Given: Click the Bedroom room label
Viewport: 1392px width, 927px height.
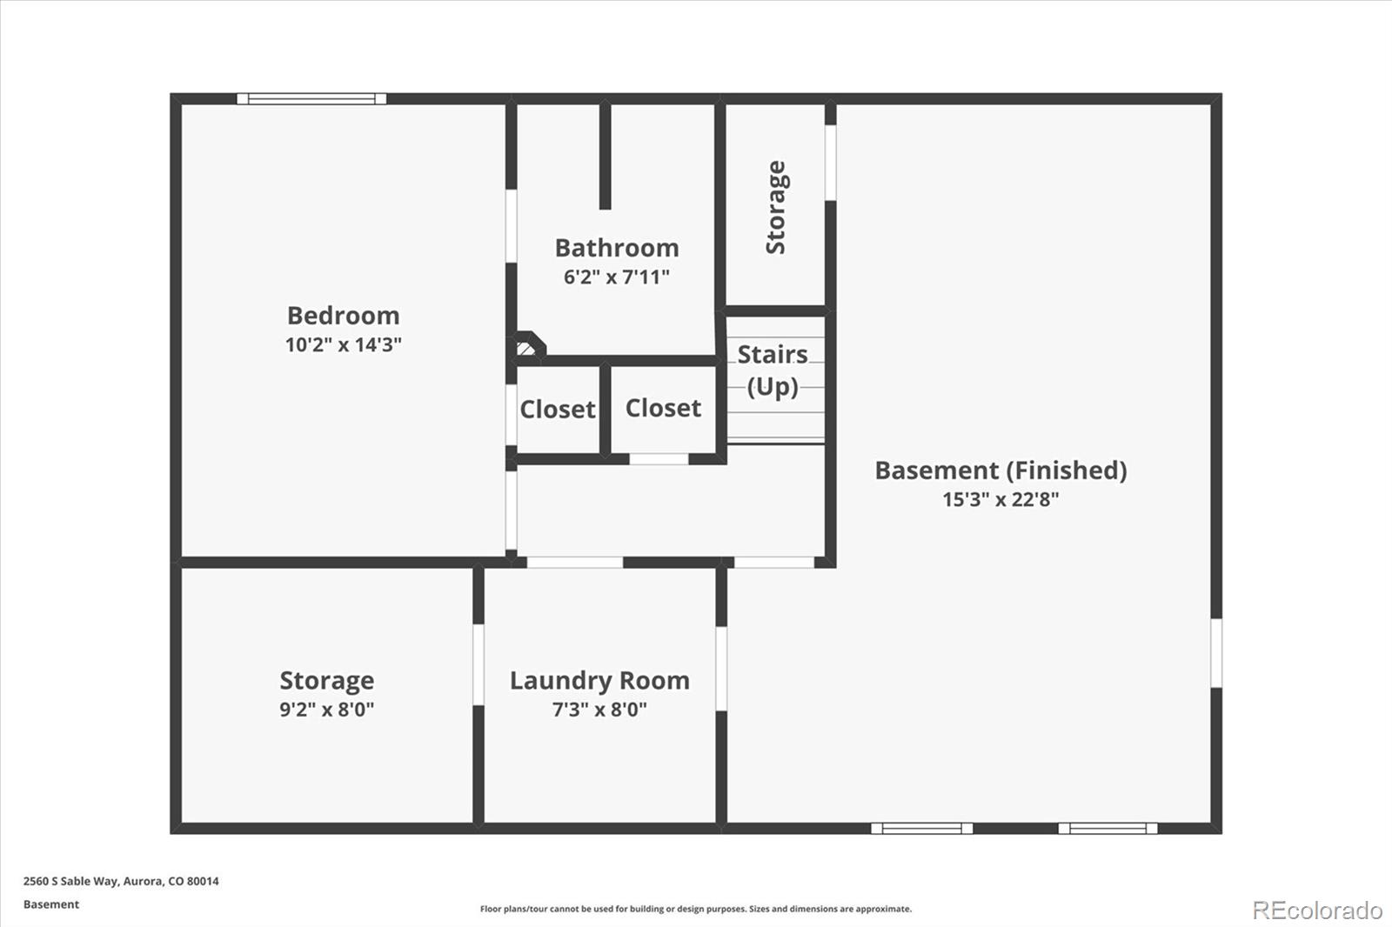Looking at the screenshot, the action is click(x=343, y=316).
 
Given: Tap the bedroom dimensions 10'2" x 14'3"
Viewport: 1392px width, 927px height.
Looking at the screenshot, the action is click(x=343, y=344).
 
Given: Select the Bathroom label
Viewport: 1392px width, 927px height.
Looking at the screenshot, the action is click(x=617, y=248).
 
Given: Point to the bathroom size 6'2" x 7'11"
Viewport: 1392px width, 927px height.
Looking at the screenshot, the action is click(x=617, y=277).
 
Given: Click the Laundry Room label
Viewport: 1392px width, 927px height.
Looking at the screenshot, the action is click(x=599, y=681).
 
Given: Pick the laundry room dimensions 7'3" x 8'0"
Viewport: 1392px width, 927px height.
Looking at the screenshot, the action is click(x=599, y=709).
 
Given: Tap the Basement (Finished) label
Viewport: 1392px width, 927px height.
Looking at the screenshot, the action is click(x=1000, y=470).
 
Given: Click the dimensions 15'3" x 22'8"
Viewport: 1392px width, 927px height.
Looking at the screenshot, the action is click(x=1000, y=499).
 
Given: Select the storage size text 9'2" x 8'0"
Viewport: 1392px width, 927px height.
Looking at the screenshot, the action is click(x=327, y=709).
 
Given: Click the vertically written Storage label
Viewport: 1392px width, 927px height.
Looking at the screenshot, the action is click(x=775, y=208).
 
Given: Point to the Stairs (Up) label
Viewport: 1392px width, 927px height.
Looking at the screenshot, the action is click(x=773, y=370).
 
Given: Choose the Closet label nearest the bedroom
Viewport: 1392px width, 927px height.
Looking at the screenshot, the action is click(x=558, y=410).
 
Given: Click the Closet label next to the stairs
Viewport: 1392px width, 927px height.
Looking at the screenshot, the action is click(x=663, y=408).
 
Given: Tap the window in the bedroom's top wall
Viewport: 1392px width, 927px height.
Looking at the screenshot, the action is click(x=311, y=99).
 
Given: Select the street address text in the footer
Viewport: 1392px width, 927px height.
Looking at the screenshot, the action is click(x=121, y=881).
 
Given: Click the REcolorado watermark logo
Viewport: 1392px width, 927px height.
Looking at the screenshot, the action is click(x=1317, y=910).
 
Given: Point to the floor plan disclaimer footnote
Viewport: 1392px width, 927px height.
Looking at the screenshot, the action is click(x=695, y=909).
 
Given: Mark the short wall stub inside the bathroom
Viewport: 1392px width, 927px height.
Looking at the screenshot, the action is click(x=606, y=157).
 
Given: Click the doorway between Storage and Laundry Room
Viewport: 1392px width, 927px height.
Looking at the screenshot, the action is click(x=478, y=664).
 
